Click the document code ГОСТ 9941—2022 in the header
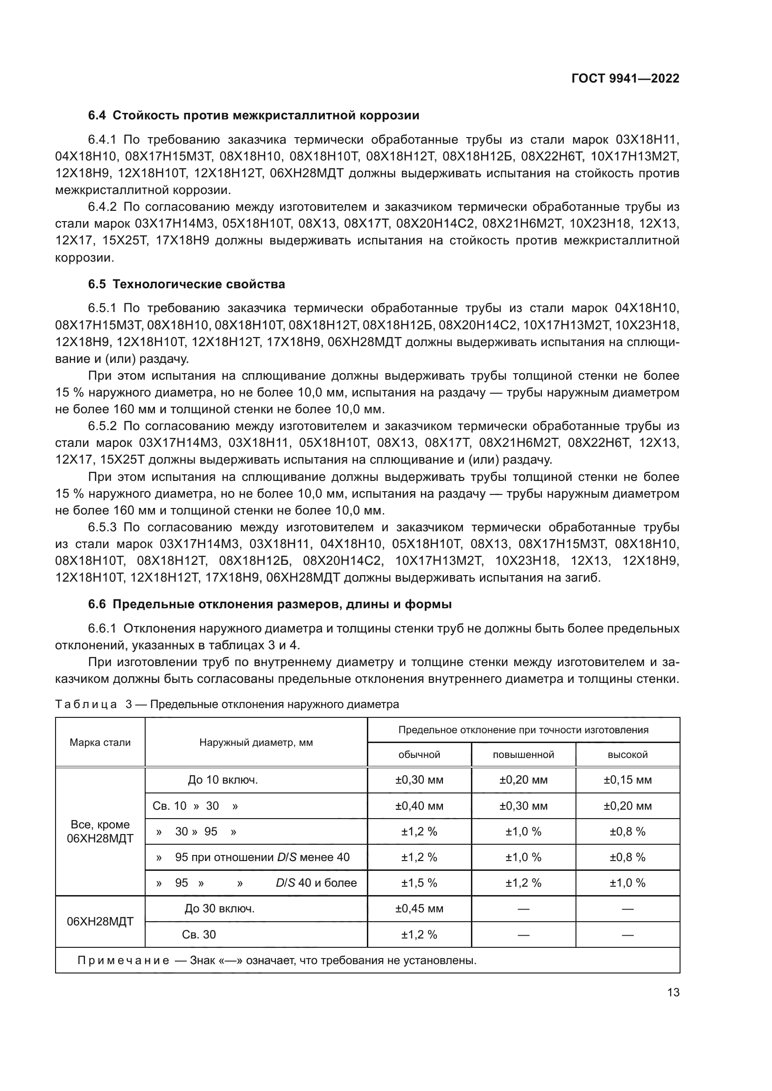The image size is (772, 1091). [x=625, y=79]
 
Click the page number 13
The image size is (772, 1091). [x=673, y=993]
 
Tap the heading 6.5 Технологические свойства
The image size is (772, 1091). [x=186, y=284]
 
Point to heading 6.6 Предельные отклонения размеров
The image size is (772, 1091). [x=269, y=605]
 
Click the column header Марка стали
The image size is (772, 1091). [x=100, y=742]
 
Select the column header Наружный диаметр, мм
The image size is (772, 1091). [x=256, y=742]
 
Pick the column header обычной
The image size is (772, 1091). [x=419, y=755]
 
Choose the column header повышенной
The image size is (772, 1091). [x=523, y=755]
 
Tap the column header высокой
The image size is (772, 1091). [x=627, y=755]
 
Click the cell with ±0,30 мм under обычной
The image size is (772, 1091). [x=419, y=780]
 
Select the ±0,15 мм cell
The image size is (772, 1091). [x=627, y=780]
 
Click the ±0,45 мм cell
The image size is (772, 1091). [x=419, y=909]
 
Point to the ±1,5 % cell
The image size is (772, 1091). [x=419, y=883]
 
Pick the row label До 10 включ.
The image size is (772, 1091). [x=223, y=780]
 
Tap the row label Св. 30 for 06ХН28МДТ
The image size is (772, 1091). [x=199, y=935]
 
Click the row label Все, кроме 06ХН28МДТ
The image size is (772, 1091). [x=100, y=831]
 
